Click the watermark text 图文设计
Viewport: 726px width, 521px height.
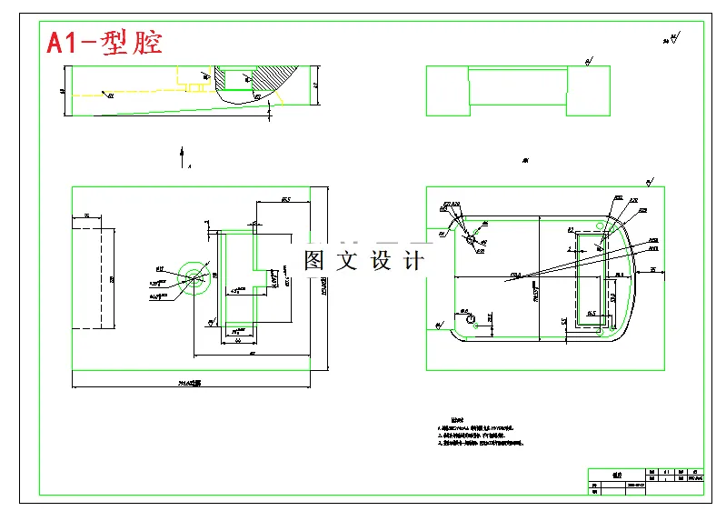pos(363,261)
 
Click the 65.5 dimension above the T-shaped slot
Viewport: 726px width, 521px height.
pos(285,199)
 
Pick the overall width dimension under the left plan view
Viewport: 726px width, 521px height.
pos(190,384)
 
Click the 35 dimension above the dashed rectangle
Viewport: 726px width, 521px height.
pos(86,215)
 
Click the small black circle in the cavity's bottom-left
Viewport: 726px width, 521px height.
pos(470,319)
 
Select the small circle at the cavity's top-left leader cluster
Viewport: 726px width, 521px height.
pos(470,237)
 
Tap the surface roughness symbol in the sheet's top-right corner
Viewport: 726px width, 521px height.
pos(673,38)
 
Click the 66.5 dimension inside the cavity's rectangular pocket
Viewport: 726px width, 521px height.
pos(591,315)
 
